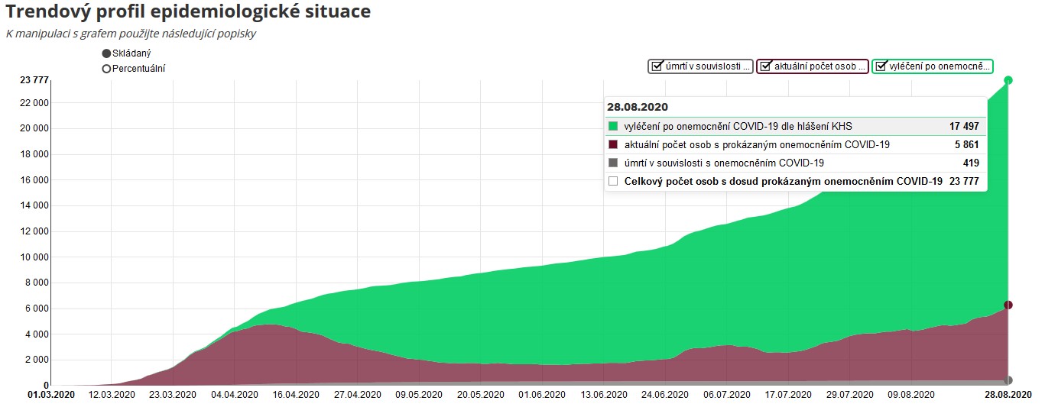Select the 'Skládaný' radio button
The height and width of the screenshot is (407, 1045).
point(106,53)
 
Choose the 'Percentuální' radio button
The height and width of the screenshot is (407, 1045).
point(106,69)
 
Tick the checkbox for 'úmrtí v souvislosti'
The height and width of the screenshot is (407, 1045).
point(656,66)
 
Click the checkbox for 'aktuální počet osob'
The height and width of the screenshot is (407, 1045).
point(764,66)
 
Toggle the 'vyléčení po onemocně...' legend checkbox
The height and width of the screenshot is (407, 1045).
point(881,66)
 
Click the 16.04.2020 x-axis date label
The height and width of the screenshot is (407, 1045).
point(296,395)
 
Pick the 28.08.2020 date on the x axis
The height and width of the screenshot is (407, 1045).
point(1008,395)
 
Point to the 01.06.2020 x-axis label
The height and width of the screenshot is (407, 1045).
point(541,395)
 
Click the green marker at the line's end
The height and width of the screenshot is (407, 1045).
point(1008,80)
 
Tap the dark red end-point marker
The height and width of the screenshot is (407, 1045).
point(1008,305)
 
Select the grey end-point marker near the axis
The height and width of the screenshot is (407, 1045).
point(1008,380)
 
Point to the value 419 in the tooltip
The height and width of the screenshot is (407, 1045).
point(970,163)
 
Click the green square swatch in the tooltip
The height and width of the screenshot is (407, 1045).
point(613,127)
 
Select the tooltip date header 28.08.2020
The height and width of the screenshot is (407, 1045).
point(638,107)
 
